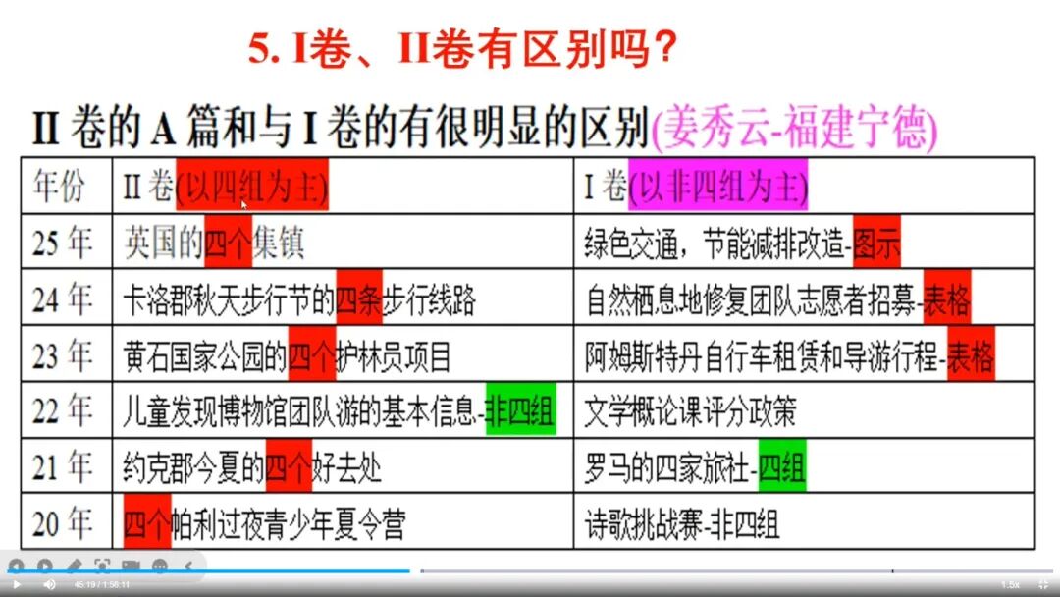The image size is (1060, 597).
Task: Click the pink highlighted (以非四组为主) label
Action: coord(717,185)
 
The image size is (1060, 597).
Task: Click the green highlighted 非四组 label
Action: coord(520,411)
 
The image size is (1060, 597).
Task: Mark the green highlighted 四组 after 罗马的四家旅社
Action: coord(782,468)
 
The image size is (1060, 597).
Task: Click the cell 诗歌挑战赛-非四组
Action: coord(682,524)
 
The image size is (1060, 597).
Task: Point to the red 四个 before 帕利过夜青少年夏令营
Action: coord(147,524)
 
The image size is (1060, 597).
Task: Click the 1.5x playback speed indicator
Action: coord(1010,585)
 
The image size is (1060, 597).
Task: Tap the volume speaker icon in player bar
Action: coord(49,585)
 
